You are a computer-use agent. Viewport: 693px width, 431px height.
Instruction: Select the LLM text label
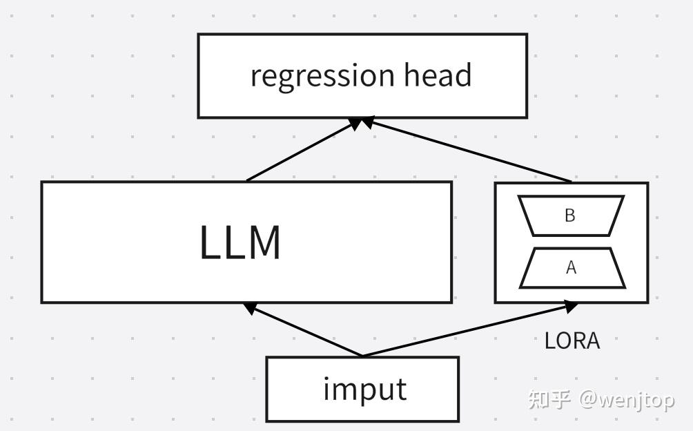(240, 242)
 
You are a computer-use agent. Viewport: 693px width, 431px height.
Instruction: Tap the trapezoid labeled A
(572, 268)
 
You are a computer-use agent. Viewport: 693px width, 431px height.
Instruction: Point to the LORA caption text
(572, 341)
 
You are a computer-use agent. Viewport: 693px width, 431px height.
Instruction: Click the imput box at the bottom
(362, 389)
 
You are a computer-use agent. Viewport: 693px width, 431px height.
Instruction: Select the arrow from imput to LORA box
(469, 329)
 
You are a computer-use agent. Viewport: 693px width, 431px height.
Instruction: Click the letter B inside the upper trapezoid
(570, 215)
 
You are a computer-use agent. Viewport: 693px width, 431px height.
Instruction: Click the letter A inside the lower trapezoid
(572, 268)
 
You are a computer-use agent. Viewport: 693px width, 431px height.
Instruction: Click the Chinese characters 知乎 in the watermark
(549, 399)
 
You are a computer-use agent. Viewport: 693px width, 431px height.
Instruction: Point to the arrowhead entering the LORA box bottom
(570, 305)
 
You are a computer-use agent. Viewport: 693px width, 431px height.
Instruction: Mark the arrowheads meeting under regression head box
(360, 122)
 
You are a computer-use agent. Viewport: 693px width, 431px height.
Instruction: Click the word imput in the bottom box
(364, 389)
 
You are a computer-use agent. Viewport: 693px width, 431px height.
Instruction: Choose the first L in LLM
(210, 242)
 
